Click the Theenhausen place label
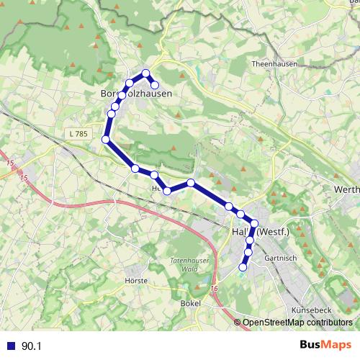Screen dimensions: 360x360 (x=271, y=63)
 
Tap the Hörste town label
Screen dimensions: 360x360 (x=136, y=280)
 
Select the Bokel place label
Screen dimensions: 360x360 (x=191, y=304)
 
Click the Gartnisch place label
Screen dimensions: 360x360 (x=282, y=256)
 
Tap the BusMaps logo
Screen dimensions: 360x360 (x=325, y=346)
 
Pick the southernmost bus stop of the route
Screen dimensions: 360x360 (x=243, y=267)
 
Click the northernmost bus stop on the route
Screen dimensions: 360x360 (x=145, y=73)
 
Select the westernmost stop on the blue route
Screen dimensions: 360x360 (x=106, y=139)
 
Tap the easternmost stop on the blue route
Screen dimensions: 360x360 (x=254, y=223)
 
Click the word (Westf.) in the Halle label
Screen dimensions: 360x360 (x=273, y=232)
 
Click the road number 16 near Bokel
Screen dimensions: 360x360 (x=214, y=288)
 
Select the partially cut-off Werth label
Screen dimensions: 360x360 (x=347, y=189)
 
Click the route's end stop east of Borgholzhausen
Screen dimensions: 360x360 (x=154, y=85)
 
